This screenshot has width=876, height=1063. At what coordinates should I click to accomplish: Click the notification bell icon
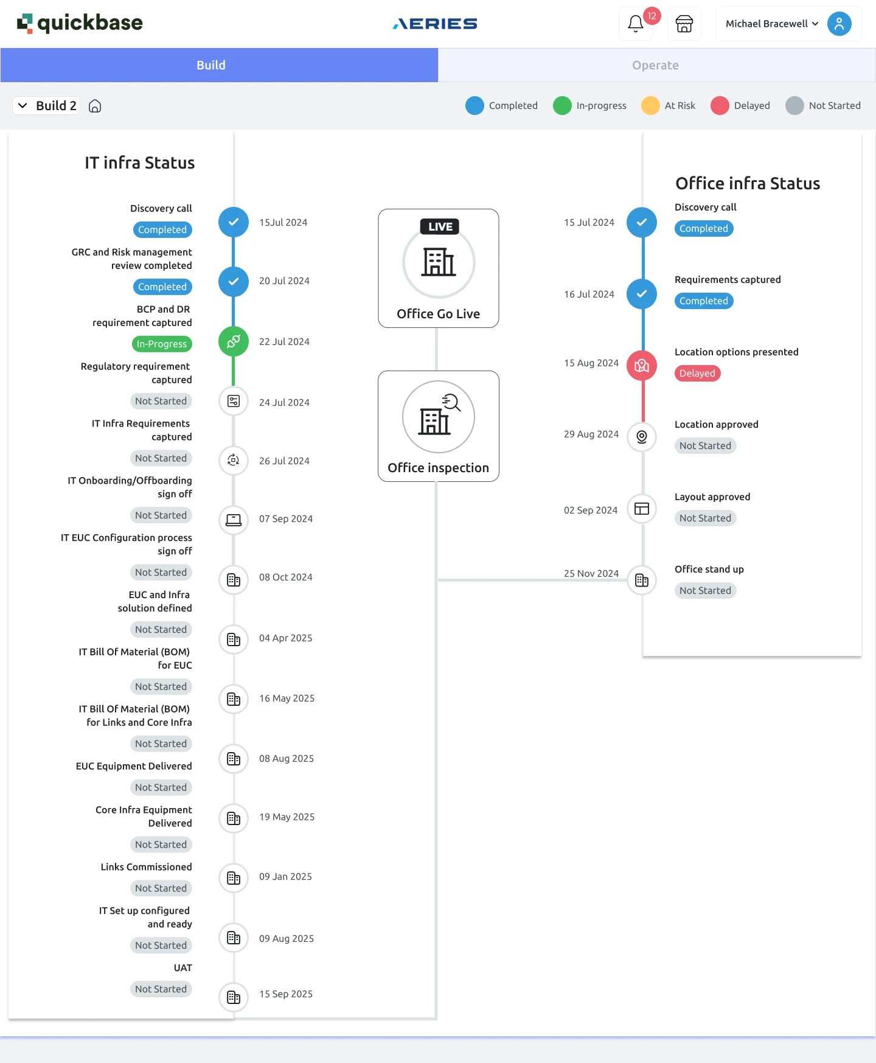point(636,24)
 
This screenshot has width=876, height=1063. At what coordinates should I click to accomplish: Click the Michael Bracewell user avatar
point(839,24)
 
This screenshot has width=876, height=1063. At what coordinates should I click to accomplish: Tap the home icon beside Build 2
point(95,106)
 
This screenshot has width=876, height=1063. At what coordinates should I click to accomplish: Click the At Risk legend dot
point(650,105)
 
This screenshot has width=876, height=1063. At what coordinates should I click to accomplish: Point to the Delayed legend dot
point(720,105)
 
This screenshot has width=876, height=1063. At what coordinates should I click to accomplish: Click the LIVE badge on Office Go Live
point(440,226)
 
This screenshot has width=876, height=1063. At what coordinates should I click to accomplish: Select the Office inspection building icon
point(438,417)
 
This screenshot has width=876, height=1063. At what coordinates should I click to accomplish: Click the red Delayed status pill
point(697,373)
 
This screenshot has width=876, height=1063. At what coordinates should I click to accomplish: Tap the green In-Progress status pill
point(162,344)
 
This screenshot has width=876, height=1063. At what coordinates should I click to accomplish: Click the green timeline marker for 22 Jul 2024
point(234,341)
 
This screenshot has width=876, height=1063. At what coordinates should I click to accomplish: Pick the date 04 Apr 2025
point(286,638)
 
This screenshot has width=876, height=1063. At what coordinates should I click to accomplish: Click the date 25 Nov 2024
point(591,573)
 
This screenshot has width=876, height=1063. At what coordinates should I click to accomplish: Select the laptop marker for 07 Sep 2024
point(234,520)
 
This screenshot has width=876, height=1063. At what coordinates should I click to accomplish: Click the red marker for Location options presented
point(642,366)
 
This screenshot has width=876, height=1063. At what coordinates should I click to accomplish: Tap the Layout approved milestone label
point(712,497)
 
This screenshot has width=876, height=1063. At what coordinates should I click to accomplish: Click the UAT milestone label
point(182,967)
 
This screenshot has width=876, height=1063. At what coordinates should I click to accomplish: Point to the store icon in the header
point(684,24)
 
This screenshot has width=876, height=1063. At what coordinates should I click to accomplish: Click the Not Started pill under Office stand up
point(705,590)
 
